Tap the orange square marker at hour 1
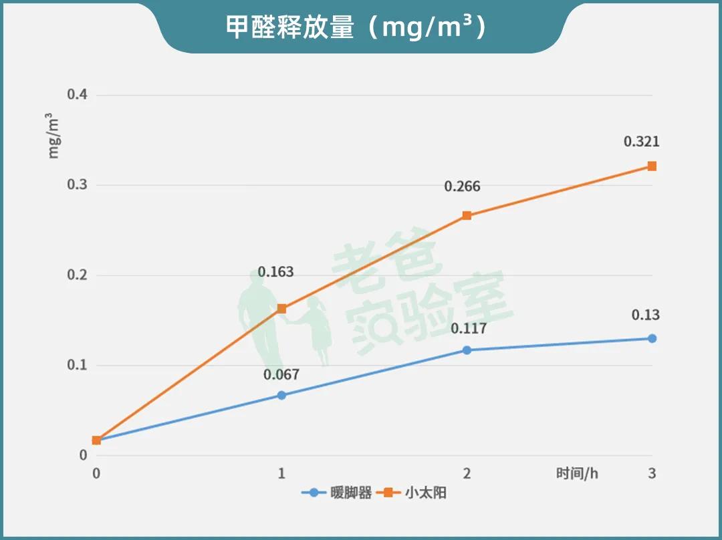(x=281, y=309)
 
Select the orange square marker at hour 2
(x=467, y=216)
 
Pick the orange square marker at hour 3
(x=652, y=166)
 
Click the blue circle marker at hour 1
(x=281, y=395)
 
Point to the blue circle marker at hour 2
(x=467, y=350)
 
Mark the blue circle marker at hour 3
(x=652, y=338)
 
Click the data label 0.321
(x=641, y=142)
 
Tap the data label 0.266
(x=462, y=187)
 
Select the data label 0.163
(x=275, y=273)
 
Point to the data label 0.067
(x=281, y=375)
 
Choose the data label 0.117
(x=468, y=329)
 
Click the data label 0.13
(x=645, y=315)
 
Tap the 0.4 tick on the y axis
(x=78, y=95)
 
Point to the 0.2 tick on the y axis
(x=78, y=275)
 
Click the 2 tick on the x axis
(x=467, y=473)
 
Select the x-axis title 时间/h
(x=577, y=473)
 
